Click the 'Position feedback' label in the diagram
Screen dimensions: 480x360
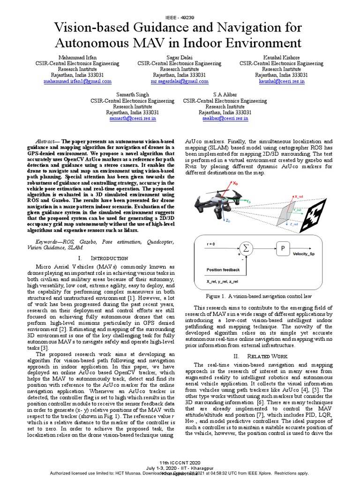(223, 270)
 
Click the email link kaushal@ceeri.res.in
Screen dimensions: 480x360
(281, 81)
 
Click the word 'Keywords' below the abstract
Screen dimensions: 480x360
(49, 242)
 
